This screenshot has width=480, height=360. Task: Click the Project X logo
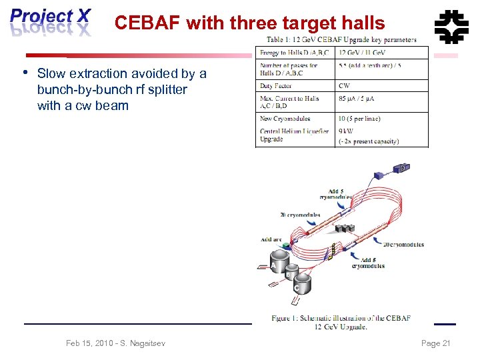click(x=51, y=22)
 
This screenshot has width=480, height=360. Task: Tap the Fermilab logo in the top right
click(x=451, y=26)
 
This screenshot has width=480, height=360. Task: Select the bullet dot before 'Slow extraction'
click(x=25, y=72)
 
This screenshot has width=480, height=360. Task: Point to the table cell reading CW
click(x=345, y=86)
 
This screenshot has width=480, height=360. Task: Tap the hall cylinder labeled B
click(x=290, y=273)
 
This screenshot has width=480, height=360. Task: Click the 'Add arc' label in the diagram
click(x=271, y=239)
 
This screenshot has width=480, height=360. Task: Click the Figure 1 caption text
click(x=341, y=322)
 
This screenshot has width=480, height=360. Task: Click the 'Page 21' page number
click(x=436, y=343)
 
